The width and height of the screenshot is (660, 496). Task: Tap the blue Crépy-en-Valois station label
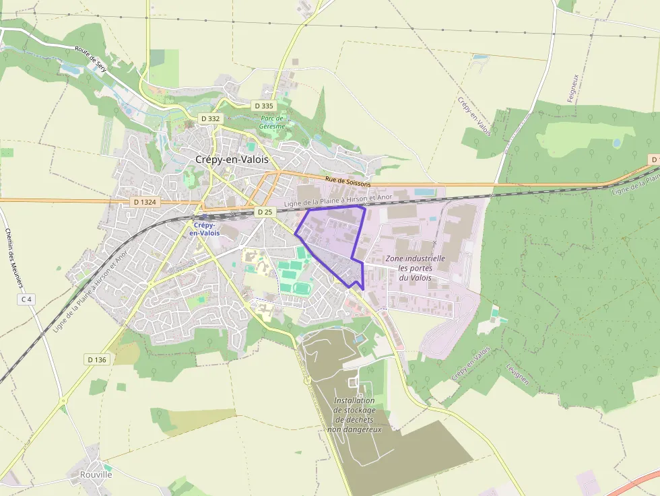point(204,229)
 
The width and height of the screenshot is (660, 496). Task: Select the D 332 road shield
point(210,118)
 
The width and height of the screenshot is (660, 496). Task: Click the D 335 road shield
point(263,106)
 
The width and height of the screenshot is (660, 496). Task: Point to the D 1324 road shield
point(145,202)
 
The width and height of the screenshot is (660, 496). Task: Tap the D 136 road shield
point(96,359)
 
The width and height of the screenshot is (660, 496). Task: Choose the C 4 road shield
point(26,299)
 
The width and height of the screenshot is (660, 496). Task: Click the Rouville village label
point(96,474)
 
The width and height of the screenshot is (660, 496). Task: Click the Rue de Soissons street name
point(348,180)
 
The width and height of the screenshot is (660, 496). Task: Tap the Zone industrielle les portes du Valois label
point(415,268)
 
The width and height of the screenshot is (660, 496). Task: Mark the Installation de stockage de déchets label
point(354,415)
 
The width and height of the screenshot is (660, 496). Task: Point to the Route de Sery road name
point(92,60)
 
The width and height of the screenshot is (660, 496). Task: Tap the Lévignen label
point(517,374)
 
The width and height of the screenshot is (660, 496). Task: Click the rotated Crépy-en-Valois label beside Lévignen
point(471,364)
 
